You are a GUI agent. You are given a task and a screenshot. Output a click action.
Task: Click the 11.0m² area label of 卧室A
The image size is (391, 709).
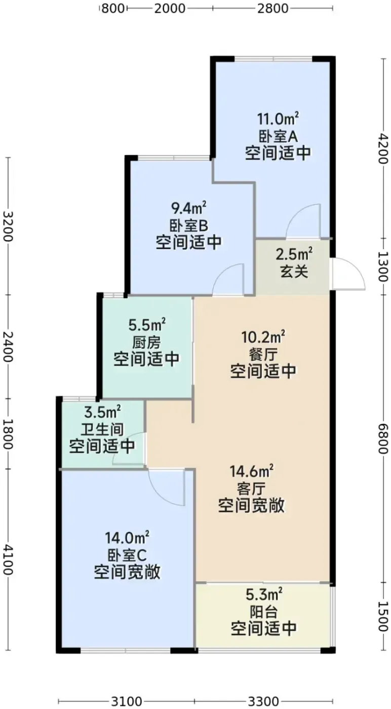tap(278, 119)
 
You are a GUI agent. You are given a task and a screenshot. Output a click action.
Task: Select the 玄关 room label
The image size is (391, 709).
tap(294, 271)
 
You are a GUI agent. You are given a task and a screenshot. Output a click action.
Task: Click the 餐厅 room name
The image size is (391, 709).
tap(263, 354)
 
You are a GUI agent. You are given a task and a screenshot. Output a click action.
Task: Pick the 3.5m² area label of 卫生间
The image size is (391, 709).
tap(103, 412)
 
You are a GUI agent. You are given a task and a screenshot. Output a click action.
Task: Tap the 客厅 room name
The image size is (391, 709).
tap(251, 490)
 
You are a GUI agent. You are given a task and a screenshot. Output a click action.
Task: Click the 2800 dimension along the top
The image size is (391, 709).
tap(272, 9)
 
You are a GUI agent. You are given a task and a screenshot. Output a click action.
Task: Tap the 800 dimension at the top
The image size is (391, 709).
tap(113, 9)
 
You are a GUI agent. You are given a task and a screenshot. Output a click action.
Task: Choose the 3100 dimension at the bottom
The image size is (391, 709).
tap(126, 701)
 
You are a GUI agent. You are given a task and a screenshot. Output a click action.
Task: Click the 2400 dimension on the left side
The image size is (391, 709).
tap(8, 346)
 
